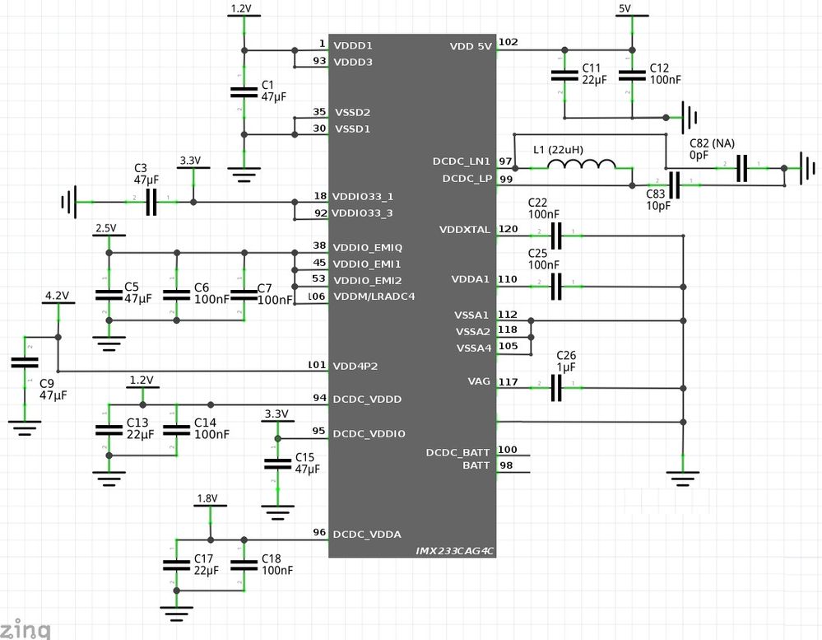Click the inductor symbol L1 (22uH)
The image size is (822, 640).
pos(582,167)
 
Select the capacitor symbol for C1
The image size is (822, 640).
pos(243,93)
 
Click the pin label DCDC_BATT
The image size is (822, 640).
pos(458,452)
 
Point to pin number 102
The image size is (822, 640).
pos(509,44)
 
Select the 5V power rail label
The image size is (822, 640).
pos(625,8)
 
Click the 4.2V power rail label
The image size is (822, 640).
pos(57,295)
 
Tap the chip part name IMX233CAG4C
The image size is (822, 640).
pos(454,549)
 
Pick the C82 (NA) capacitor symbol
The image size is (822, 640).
pos(741,168)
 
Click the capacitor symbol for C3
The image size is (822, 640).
pos(151,201)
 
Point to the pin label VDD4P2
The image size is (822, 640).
pos(355,366)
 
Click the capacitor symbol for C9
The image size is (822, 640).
pos(26,366)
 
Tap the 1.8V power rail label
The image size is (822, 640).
pos(207,498)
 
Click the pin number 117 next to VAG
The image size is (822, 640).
pos(508,381)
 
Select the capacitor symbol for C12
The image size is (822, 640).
pos(632,75)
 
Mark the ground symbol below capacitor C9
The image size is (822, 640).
pos(26,426)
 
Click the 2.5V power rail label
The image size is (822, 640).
pos(106,227)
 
